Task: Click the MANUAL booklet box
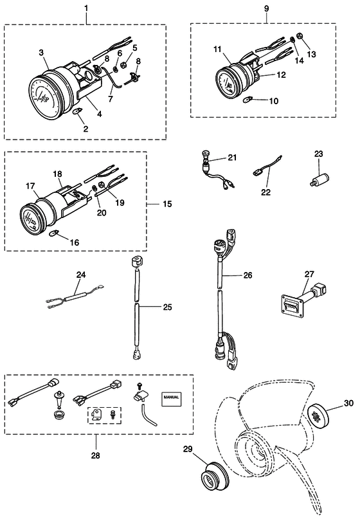172,397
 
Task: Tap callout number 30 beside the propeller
348,403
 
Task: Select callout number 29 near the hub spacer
188,449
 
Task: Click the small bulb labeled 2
76,111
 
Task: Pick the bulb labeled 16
53,234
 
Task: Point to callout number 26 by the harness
248,275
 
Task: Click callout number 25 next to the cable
167,307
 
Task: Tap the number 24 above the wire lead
81,275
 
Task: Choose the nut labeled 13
298,36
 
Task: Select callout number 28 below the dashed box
95,455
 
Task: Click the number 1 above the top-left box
86,8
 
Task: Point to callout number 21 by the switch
232,157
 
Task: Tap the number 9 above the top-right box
267,8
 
